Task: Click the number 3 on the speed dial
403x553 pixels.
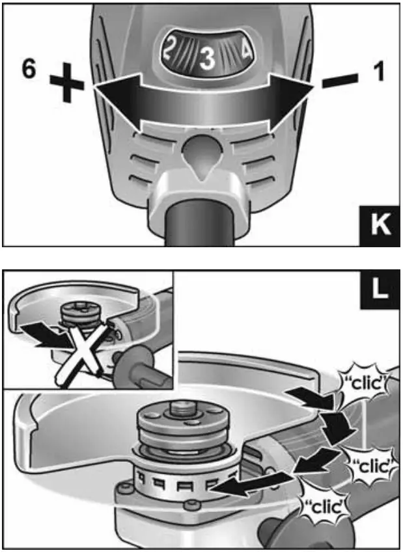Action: tap(207, 59)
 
